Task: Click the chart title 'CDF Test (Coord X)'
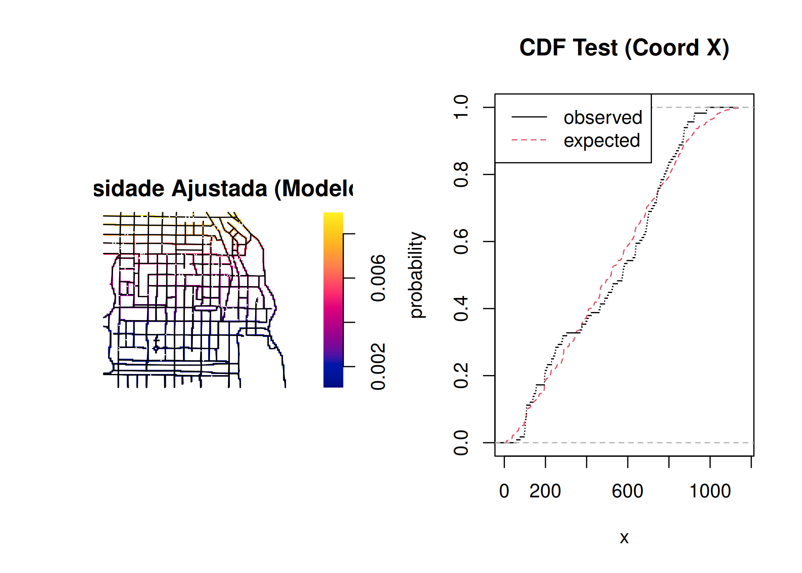pos(624,48)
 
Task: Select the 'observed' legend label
pos(603,118)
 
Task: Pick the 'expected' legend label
pos(601,141)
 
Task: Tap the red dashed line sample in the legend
pos(529,140)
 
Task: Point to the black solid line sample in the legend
pos(529,117)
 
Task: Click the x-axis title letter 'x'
pos(624,538)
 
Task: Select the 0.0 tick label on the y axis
pos(461,443)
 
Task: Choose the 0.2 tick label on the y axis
pos(461,376)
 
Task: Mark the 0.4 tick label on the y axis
pos(461,309)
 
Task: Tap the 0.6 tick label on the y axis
pos(461,241)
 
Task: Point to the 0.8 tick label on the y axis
pos(461,175)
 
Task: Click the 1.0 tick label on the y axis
pos(461,107)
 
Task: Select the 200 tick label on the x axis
pos(545,491)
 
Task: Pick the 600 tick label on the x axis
pos(627,491)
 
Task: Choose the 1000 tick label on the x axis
pos(710,491)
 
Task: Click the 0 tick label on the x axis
pos(504,491)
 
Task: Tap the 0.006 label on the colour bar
pos(378,278)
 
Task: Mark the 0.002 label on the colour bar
pos(378,367)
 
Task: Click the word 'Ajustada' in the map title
pos(219,189)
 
